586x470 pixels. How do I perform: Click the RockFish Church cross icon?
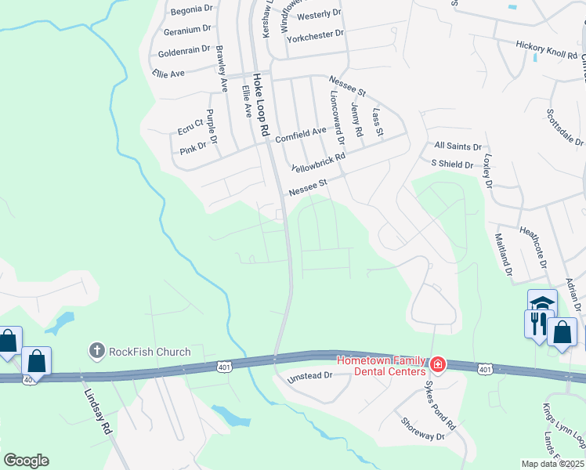click(x=97, y=351)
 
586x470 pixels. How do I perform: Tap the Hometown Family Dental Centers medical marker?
click(x=436, y=364)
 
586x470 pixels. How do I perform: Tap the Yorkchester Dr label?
click(x=316, y=34)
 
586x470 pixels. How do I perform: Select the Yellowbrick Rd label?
click(x=318, y=163)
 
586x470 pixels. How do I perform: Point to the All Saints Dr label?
click(x=458, y=146)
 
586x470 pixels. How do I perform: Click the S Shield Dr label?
click(x=452, y=164)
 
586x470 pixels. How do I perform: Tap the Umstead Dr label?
click(x=310, y=375)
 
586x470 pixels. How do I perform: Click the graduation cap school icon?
click(x=542, y=302)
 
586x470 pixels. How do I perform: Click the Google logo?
click(x=26, y=461)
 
